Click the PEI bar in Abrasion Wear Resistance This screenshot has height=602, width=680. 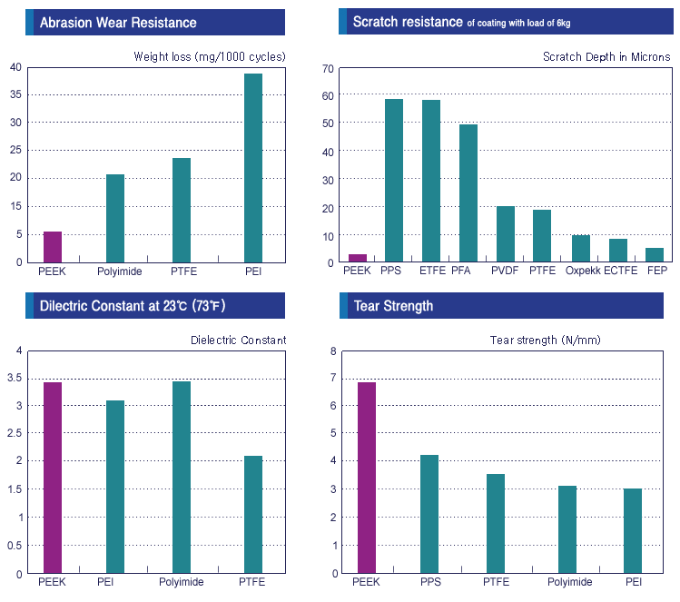click(x=253, y=168)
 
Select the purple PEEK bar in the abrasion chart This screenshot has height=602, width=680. click(x=53, y=247)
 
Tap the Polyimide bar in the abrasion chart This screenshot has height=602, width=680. click(x=115, y=218)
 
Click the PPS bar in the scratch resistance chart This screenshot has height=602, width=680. click(x=394, y=181)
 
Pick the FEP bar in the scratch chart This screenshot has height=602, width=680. click(x=655, y=255)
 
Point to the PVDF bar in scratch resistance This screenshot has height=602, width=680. click(x=506, y=234)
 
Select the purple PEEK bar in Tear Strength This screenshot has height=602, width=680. click(x=367, y=478)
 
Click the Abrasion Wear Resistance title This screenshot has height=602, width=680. click(x=118, y=22)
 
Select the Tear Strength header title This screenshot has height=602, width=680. click(x=392, y=306)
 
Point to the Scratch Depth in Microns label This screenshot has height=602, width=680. click(x=606, y=57)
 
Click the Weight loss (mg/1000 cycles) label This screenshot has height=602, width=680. click(x=210, y=57)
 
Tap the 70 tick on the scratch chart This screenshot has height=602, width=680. click(x=329, y=68)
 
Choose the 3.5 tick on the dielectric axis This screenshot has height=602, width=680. click(x=14, y=378)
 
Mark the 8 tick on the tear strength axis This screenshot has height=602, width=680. click(x=332, y=350)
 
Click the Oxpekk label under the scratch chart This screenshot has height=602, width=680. click(x=582, y=271)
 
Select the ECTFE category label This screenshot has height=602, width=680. click(x=620, y=271)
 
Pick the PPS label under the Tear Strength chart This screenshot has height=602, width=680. click(x=430, y=582)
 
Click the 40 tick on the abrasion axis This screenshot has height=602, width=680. click(x=15, y=67)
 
